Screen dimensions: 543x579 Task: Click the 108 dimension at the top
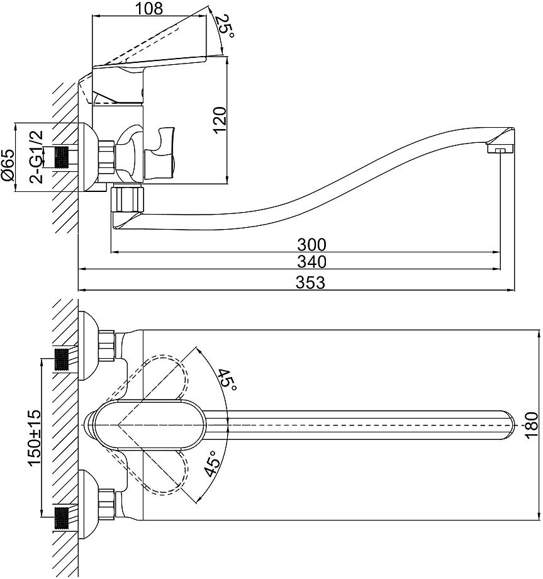click(x=149, y=8)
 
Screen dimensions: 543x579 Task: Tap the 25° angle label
click(x=224, y=26)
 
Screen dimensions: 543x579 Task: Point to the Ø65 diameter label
click(x=9, y=165)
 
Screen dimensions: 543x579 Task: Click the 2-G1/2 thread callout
click(x=36, y=157)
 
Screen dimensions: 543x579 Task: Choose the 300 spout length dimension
click(x=311, y=244)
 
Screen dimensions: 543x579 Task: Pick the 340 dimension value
click(x=311, y=262)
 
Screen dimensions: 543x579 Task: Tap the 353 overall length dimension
click(x=310, y=283)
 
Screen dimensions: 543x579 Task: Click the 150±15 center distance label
click(x=35, y=437)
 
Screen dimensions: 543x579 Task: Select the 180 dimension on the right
click(x=532, y=425)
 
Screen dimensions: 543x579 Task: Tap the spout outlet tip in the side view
click(x=500, y=149)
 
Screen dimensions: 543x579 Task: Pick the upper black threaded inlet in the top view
click(x=62, y=359)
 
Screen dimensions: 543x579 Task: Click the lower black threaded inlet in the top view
click(x=62, y=519)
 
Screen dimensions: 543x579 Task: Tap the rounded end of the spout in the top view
click(x=508, y=425)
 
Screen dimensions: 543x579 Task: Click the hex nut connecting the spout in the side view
click(x=127, y=199)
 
